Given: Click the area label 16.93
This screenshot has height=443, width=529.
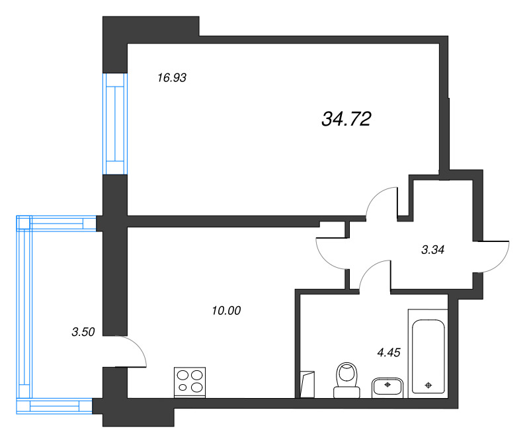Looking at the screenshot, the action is click(172, 78).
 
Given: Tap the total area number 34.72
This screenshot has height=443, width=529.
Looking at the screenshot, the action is click(346, 119).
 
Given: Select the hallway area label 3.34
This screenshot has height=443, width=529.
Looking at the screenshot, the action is click(433, 250).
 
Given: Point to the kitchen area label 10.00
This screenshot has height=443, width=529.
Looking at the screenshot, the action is click(226, 310).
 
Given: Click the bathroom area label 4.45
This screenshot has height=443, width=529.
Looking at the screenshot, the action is click(389, 352).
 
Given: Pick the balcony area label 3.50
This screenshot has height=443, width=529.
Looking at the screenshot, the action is click(83, 332).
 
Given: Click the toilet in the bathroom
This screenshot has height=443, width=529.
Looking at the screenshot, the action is click(346, 380).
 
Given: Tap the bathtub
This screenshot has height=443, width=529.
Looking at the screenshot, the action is click(428, 354).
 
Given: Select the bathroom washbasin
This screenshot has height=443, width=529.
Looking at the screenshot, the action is click(387, 388).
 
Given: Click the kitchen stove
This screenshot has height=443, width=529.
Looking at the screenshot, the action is click(190, 382).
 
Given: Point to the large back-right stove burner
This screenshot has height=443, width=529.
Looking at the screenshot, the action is click(196, 375).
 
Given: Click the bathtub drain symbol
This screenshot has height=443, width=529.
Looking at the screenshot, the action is click(428, 385).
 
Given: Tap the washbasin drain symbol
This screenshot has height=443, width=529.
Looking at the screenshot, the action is click(387, 384).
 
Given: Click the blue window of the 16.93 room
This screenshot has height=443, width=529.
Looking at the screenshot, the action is click(115, 124).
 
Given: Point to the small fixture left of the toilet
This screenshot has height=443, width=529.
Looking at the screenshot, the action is click(307, 385).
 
